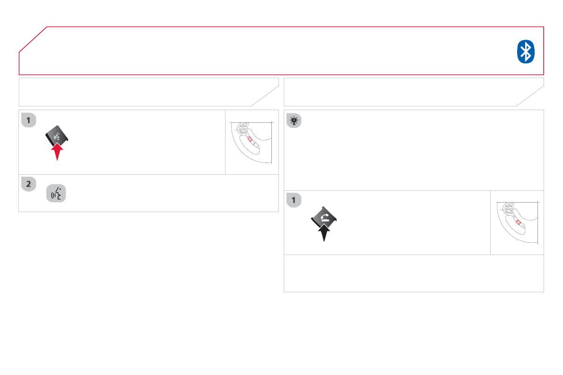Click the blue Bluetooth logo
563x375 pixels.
pyautogui.click(x=525, y=51)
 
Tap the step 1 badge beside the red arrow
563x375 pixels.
pyautogui.click(x=28, y=120)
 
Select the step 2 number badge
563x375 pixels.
pyautogui.click(x=28, y=185)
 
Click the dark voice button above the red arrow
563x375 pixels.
pyautogui.click(x=57, y=136)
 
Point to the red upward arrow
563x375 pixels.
pyautogui.click(x=57, y=152)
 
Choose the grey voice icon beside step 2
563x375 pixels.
pyautogui.click(x=56, y=194)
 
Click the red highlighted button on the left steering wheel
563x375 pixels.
pyautogui.click(x=250, y=140)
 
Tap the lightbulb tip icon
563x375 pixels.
pyautogui.click(x=294, y=120)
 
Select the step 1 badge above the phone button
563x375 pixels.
pyautogui.click(x=294, y=200)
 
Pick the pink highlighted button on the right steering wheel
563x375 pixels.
pyautogui.click(x=518, y=222)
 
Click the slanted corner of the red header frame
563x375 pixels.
pyautogui.click(x=33, y=39)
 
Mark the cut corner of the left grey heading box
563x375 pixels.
pyautogui.click(x=265, y=96)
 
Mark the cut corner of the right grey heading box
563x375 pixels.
pyautogui.click(x=530, y=96)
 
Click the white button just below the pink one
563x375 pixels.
pyautogui.click(x=522, y=226)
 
